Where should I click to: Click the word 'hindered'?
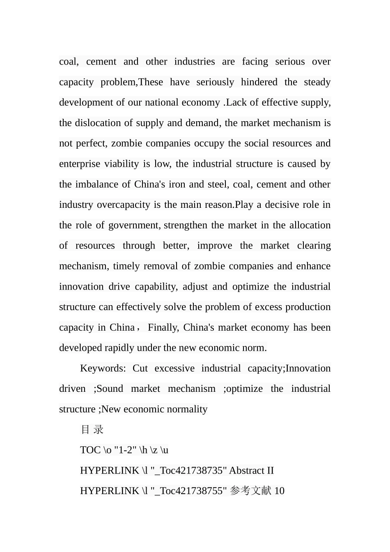259,82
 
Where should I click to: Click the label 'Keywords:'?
103,368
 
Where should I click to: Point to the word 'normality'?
187,409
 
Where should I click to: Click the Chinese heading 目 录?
92,430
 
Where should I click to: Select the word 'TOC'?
90,450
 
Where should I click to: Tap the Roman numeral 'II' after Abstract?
270,471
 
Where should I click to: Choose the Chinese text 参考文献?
251,491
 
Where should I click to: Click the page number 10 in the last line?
280,491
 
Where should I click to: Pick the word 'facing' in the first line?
255,62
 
